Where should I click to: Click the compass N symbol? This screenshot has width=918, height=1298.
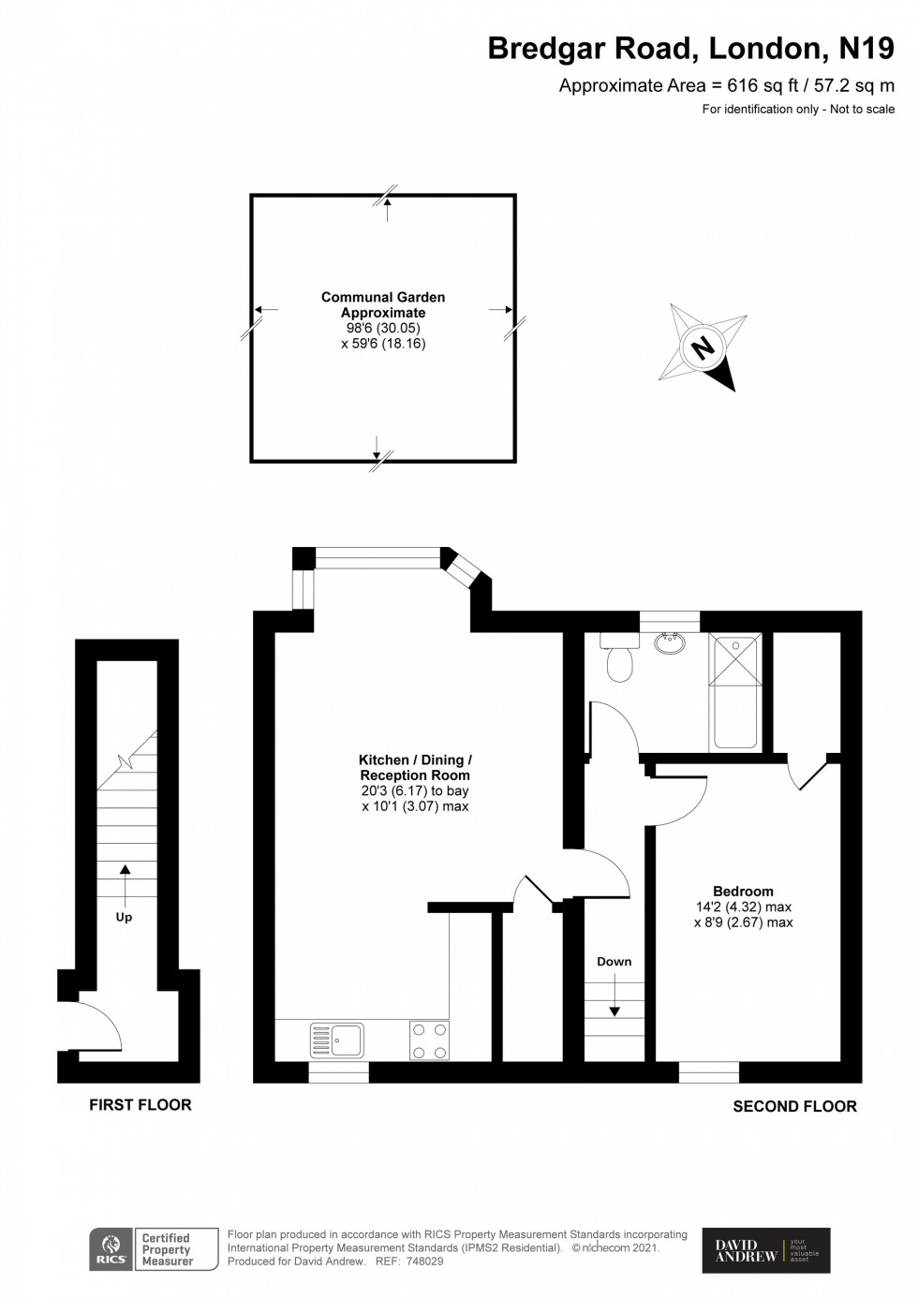pyautogui.click(x=703, y=348)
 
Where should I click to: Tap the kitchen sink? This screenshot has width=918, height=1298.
pyautogui.click(x=337, y=1040)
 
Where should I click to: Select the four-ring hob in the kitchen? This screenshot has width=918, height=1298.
pyautogui.click(x=429, y=1040)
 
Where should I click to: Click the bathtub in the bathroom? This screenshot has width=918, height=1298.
pyautogui.click(x=735, y=691)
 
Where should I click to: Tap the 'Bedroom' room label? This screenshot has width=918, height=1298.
pyautogui.click(x=743, y=892)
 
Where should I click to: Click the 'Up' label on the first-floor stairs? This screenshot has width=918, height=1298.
pyautogui.click(x=124, y=918)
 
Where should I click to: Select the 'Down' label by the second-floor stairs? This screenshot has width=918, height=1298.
pyautogui.click(x=614, y=962)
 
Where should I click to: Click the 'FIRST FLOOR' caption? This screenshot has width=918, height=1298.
pyautogui.click(x=141, y=1105)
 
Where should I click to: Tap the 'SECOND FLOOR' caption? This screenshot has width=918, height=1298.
pyautogui.click(x=794, y=1106)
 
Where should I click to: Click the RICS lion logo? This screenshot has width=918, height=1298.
pyautogui.click(x=110, y=1249)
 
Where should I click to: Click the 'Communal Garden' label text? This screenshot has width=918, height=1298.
pyautogui.click(x=383, y=297)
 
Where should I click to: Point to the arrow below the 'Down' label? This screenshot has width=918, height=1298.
pyautogui.click(x=614, y=995)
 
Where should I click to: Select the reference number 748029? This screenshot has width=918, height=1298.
pyautogui.click(x=422, y=1261)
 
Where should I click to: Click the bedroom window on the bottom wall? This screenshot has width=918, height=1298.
pyautogui.click(x=709, y=1071)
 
